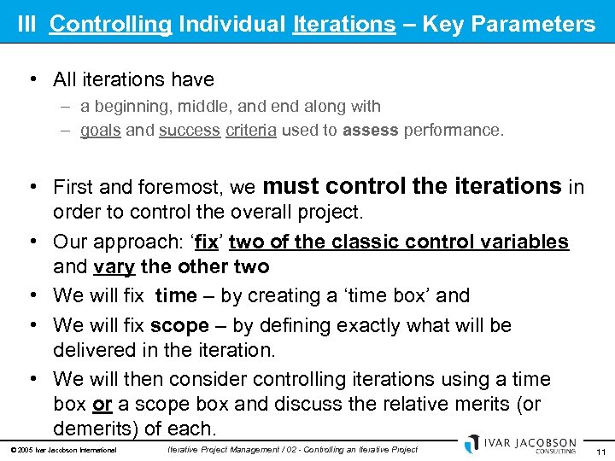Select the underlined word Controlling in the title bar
110,23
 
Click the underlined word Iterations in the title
343,23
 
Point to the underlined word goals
100,131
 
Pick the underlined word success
190,131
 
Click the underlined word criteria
250,131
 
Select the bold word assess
370,131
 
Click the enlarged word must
293,185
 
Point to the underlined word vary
114,266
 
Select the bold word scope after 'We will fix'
179,325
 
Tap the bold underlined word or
102,403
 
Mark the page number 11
600,452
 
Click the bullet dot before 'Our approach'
33,242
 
